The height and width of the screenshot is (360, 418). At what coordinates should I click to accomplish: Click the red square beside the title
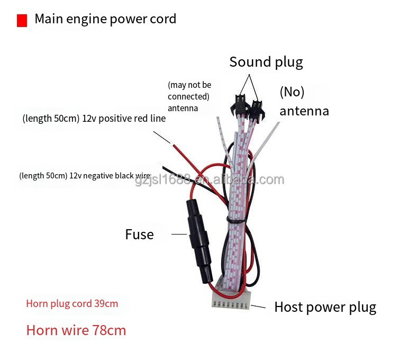click(22, 21)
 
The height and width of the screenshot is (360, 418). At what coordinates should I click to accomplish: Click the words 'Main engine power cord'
click(105, 20)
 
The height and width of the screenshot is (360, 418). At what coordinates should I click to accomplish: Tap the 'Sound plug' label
click(266, 62)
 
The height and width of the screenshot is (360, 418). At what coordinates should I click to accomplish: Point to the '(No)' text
click(292, 92)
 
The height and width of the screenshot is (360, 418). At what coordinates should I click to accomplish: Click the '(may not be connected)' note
click(189, 91)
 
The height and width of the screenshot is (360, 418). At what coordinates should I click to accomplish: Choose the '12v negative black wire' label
click(85, 175)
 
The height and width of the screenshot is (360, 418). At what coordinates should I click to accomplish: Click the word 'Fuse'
click(139, 234)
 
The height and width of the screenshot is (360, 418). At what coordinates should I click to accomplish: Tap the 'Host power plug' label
click(325, 307)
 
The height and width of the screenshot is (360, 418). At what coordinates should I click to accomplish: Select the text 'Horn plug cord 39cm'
click(72, 304)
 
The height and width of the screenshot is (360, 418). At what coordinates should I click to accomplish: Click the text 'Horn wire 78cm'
click(76, 331)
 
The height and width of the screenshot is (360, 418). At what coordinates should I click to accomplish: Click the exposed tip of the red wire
click(171, 142)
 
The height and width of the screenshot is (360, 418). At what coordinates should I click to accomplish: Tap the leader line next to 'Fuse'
click(179, 233)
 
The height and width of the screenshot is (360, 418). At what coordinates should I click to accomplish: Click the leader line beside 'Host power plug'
click(259, 306)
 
